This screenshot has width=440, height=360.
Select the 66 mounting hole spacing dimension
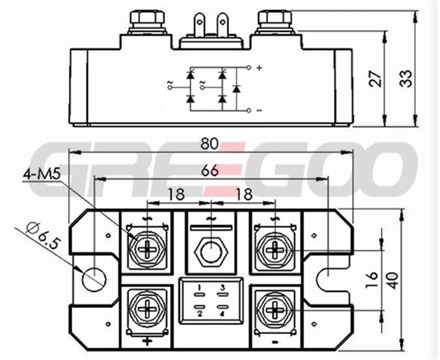pos(210,170)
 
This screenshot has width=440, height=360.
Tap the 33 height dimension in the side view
pos(406,79)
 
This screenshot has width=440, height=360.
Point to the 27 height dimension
pos(376,79)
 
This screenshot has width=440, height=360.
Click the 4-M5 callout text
pos(42,174)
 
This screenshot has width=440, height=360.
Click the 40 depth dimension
pos(393,280)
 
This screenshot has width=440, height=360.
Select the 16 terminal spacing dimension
pos(372,280)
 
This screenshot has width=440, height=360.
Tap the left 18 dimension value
pos(176,194)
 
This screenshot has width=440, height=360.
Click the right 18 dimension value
pos(244,194)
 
